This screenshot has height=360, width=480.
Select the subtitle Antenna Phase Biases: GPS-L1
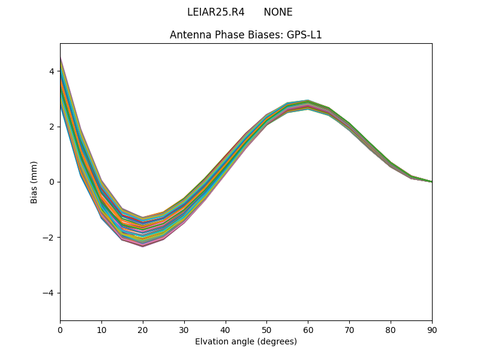tap(246, 35)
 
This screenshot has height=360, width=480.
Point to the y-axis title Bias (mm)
tap(34, 182)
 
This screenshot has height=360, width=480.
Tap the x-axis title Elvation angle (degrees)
tap(246, 341)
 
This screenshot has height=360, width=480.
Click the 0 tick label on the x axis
tap(60, 329)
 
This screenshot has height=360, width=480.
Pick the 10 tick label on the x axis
tap(101, 329)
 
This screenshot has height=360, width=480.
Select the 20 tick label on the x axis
tap(143, 329)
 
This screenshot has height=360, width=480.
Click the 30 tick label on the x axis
tap(184, 329)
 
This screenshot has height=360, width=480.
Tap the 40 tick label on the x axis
tap(226, 329)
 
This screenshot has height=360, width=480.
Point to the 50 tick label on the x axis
tap(266, 329)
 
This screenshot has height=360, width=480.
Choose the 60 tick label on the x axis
tap(308, 329)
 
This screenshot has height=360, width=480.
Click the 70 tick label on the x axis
tap(349, 329)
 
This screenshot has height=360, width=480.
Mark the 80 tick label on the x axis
tap(391, 329)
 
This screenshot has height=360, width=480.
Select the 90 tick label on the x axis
tap(432, 329)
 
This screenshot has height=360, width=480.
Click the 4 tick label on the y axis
tap(52, 71)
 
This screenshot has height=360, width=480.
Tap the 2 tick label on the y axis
tap(52, 127)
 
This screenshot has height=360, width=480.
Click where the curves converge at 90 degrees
tap(431, 181)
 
